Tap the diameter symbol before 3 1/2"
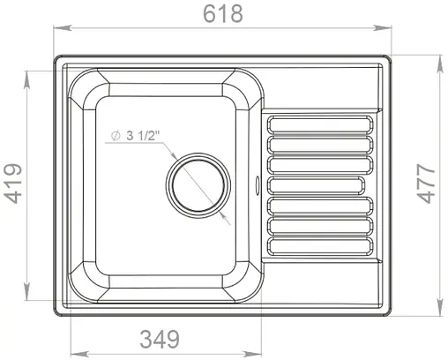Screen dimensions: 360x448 pyautogui.click(x=115, y=137)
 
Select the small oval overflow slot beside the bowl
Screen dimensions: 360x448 pyautogui.click(x=257, y=185)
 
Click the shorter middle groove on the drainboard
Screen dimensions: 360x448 pyautogui.click(x=316, y=184)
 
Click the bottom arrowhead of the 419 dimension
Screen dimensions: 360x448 pyautogui.click(x=30, y=297)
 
